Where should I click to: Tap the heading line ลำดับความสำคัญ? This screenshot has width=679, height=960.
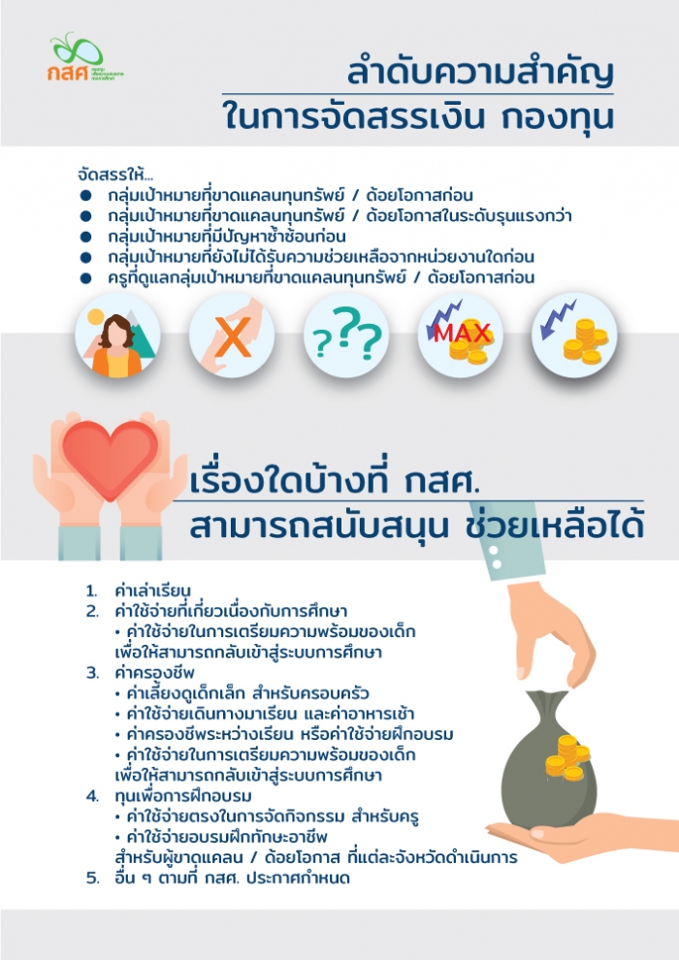click(x=481, y=74)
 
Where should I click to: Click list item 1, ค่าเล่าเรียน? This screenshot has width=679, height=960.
click(x=151, y=591)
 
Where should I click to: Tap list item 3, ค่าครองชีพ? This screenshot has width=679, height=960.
click(x=154, y=672)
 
